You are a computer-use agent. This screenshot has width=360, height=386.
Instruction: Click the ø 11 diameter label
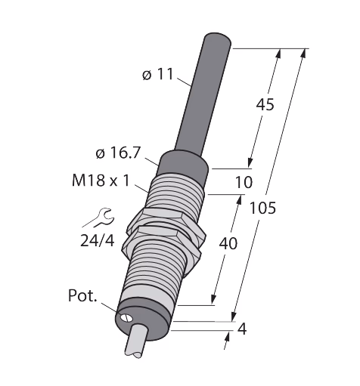click(x=158, y=75)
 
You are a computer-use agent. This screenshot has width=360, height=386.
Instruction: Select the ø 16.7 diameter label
click(x=118, y=153)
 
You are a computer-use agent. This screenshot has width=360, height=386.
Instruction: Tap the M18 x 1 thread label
click(x=101, y=181)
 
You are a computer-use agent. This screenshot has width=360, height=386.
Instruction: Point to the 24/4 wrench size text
click(x=98, y=241)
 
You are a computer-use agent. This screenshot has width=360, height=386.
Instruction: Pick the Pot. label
click(x=82, y=295)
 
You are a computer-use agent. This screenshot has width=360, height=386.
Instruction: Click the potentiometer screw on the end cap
click(x=126, y=318)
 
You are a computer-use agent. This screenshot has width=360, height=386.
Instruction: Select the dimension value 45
click(x=265, y=104)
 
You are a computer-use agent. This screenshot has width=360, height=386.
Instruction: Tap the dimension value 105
click(x=262, y=208)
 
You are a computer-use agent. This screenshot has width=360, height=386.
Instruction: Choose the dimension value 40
click(x=228, y=244)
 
